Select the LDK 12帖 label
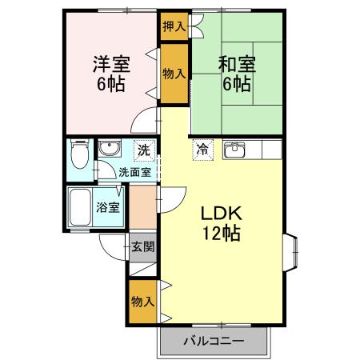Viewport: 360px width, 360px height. [x=221, y=223]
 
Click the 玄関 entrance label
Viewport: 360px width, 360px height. [x=142, y=246]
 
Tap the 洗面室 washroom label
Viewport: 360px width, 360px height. [x=134, y=171]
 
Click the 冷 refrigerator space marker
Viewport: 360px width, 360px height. [x=202, y=148]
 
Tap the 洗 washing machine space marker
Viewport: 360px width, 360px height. [x=142, y=149]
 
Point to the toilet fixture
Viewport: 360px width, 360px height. [x=79, y=152]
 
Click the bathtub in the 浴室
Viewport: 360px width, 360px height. [x=81, y=209]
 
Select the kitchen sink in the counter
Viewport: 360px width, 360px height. [x=234, y=150]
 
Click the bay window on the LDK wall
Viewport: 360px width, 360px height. [x=290, y=251]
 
